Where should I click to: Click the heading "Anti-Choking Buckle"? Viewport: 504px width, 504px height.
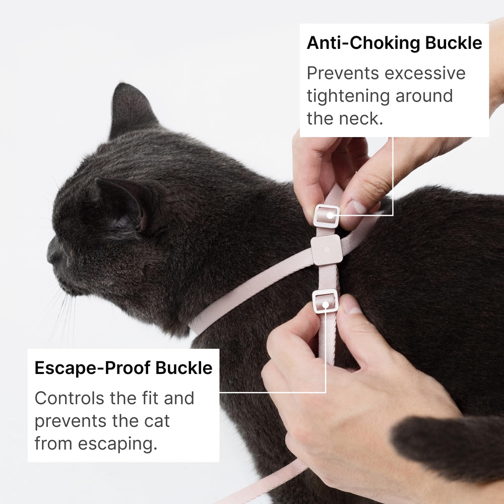395,43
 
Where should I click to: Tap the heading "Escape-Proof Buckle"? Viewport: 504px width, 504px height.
123,368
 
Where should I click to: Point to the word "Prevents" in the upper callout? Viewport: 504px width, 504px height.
343,73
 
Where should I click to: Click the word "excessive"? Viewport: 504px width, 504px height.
425,73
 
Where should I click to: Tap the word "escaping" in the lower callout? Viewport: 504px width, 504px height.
117,444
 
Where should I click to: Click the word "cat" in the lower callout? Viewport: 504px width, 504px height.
157,421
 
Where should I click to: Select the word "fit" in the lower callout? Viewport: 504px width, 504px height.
149,398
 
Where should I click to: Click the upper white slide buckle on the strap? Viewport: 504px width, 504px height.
326,216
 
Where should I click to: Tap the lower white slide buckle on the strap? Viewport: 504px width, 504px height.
325,301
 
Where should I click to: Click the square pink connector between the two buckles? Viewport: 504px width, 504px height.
327,250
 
